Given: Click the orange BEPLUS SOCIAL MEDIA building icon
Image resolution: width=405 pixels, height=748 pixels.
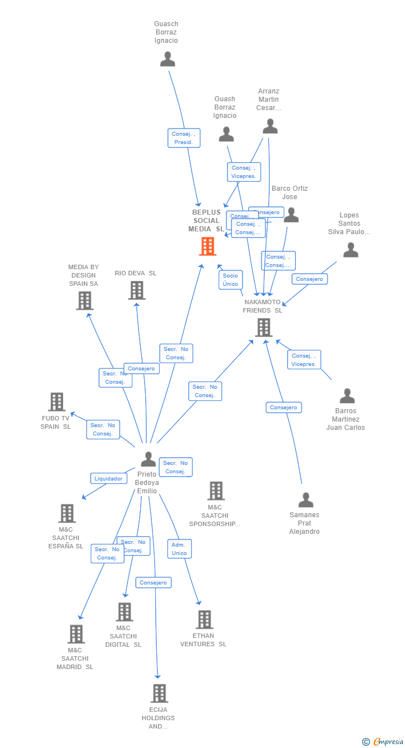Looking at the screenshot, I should tap(208, 246).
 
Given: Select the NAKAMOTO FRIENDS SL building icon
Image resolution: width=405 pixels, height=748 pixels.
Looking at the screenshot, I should tap(263, 328).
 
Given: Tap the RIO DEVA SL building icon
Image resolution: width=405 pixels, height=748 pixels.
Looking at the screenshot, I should tap(136, 290).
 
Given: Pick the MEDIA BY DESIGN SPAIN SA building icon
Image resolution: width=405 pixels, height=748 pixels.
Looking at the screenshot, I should tap(85, 300).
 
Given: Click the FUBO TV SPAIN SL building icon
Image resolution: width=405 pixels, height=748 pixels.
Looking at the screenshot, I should tap(56, 402).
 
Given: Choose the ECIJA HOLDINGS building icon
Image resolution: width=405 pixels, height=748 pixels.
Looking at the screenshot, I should tap(159, 693).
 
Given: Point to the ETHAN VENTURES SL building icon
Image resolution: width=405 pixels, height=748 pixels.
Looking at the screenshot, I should tap(204, 619).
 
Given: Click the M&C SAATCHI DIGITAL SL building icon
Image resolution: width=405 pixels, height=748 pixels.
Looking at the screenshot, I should tap(124, 612).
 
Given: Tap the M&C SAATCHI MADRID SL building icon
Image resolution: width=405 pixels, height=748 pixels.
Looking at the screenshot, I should tap(76, 633).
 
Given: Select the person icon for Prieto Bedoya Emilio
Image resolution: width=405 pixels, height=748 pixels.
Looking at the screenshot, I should tap(148, 459).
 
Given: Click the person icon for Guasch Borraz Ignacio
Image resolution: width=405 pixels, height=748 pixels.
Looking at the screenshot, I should tap(167, 58).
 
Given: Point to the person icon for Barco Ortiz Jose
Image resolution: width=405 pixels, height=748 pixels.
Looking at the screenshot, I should tap(291, 215).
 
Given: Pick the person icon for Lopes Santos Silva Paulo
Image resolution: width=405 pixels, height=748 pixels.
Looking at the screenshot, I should tap(350, 250).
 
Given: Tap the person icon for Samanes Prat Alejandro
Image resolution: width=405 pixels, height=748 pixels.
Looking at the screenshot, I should tap(305, 500).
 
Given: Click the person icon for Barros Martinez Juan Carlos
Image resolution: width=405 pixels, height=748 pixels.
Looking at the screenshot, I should tap(347, 396).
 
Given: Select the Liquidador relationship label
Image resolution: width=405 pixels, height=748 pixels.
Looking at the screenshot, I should tap(108, 478).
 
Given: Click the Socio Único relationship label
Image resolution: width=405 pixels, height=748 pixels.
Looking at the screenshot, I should tap(230, 280).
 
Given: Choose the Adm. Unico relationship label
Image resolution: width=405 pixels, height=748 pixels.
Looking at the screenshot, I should tap(179, 549).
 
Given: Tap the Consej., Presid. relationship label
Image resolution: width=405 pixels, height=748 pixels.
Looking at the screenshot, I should tap(184, 138).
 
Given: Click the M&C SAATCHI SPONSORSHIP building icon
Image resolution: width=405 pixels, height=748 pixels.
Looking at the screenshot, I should tap(216, 491).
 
